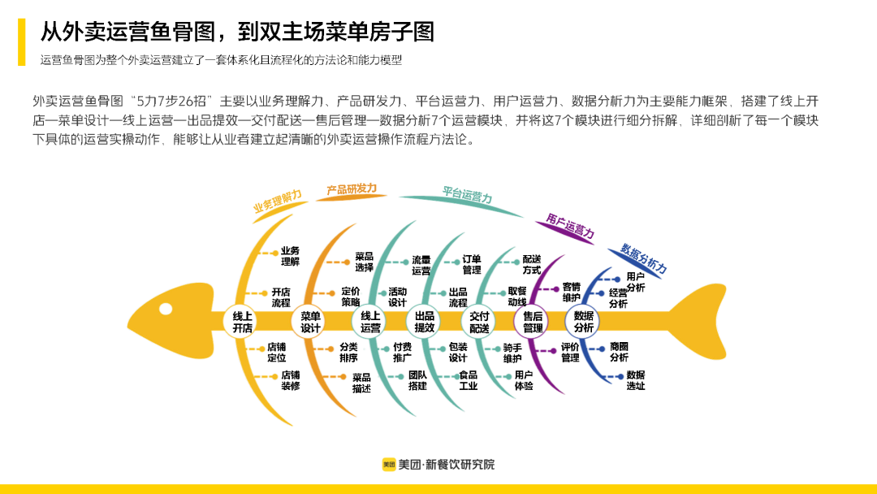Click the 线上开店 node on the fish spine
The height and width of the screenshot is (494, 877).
243,322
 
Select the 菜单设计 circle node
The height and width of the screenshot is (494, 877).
311,322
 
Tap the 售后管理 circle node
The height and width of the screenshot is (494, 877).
533,322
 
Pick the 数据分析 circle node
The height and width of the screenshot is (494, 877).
584,322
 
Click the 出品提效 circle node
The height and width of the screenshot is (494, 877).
425,322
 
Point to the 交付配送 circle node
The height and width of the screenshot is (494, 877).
479,322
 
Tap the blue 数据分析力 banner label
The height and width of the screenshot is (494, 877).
643,257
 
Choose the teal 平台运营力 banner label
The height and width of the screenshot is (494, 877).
467,195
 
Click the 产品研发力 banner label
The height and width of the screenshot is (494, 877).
352,189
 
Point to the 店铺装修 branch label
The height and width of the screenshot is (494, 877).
291,381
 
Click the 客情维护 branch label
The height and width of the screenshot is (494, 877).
572,292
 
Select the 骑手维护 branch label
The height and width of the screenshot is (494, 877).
512,353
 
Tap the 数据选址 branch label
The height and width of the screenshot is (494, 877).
636,380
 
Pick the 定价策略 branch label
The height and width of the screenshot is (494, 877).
351,297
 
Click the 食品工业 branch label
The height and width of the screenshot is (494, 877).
469,380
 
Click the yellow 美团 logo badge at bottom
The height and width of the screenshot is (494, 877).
389,465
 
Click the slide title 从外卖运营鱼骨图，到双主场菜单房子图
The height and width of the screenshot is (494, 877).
238,32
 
